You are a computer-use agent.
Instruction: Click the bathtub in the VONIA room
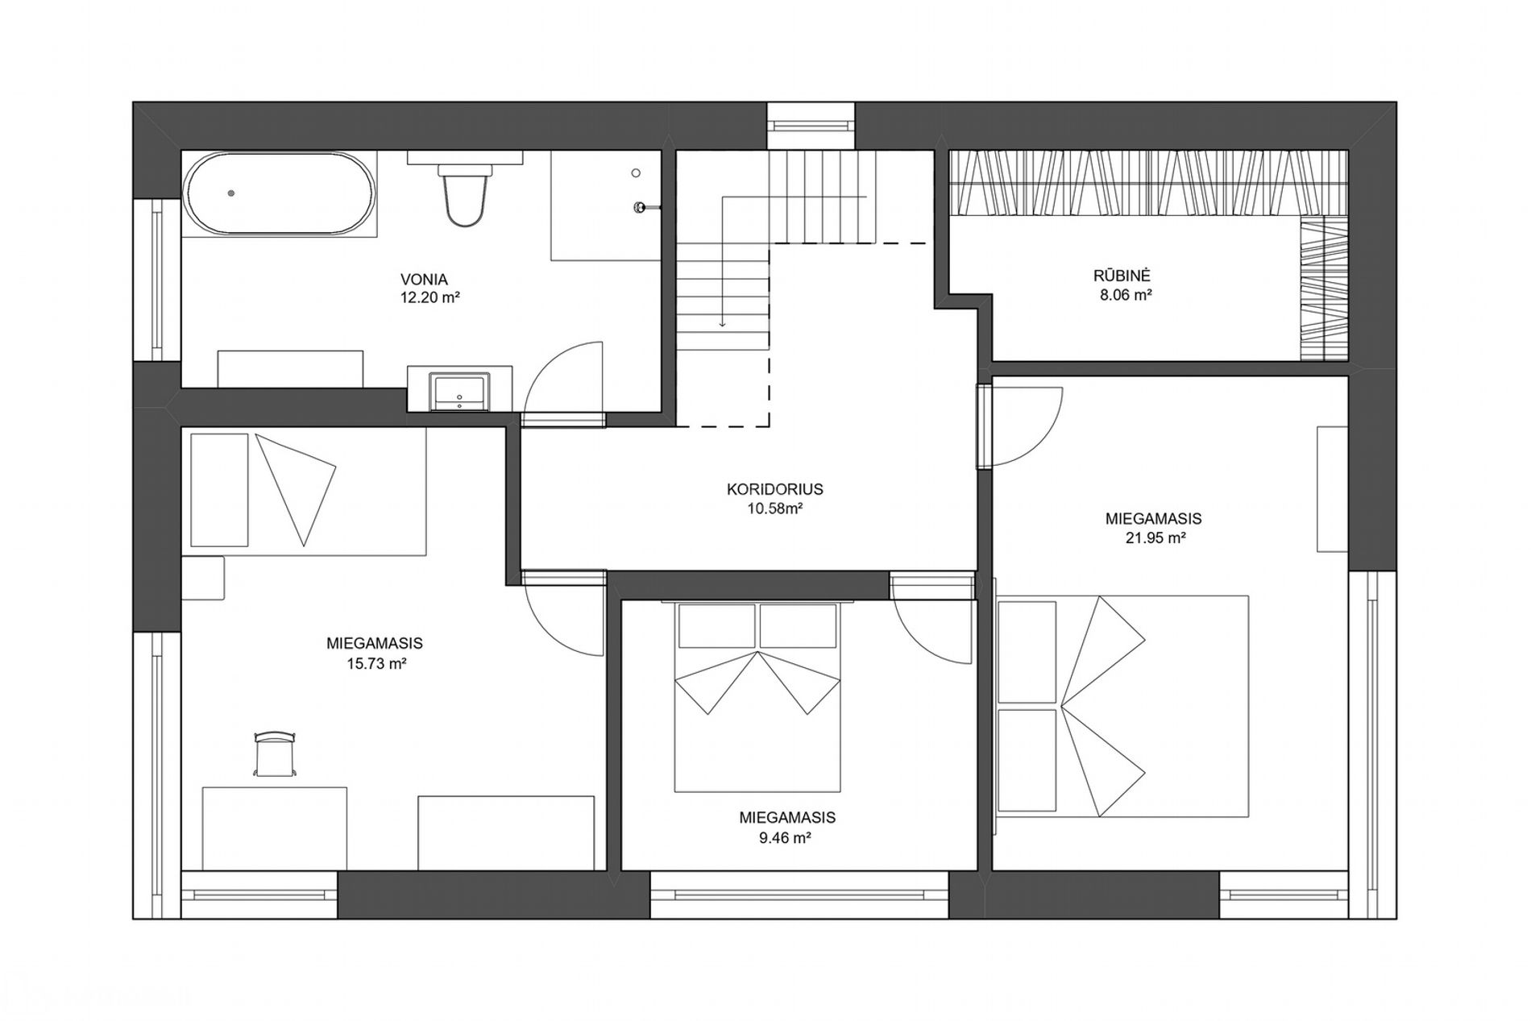click(279, 193)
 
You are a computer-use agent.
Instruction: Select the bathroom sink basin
click(459, 391)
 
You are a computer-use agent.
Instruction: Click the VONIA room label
click(424, 280)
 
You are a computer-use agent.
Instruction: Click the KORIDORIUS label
click(774, 489)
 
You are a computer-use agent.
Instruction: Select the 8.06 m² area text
click(1126, 296)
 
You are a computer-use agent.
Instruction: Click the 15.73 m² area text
click(374, 664)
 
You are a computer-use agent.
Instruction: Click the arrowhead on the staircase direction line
click(723, 324)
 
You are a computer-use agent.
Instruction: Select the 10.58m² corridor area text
click(774, 509)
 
